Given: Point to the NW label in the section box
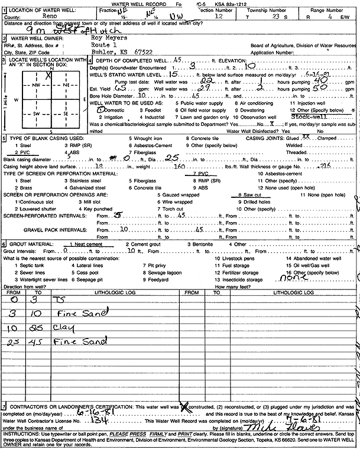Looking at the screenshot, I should pyautogui.click(x=35, y=85).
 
